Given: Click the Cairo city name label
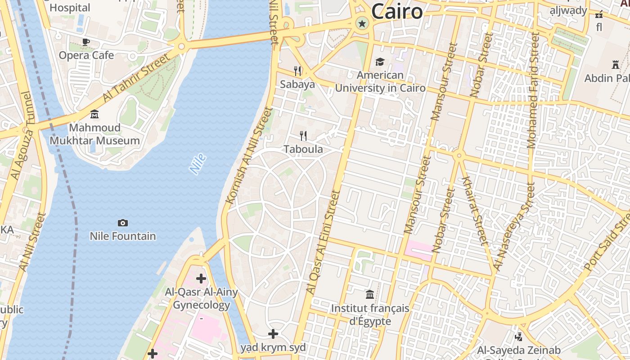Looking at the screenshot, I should point(397,11).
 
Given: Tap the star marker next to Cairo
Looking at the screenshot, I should point(362,23).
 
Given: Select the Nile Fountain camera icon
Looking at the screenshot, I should point(122,223).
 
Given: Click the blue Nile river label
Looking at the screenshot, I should point(198,164).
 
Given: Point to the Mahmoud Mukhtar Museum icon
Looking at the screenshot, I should point(94,114).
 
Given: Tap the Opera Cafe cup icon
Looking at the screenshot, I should point(86,42).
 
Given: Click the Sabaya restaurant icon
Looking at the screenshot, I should point(297,71).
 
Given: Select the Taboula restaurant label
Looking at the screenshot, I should point(303,149).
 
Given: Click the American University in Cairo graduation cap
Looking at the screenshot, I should point(380,62).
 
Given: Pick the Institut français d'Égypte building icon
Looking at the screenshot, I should point(370,295).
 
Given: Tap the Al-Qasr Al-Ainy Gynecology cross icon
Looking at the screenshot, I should point(201,279).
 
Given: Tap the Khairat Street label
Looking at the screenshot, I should point(474,211).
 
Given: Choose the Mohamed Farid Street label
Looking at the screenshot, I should point(533,90).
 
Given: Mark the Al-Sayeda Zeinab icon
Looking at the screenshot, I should point(518,336).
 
